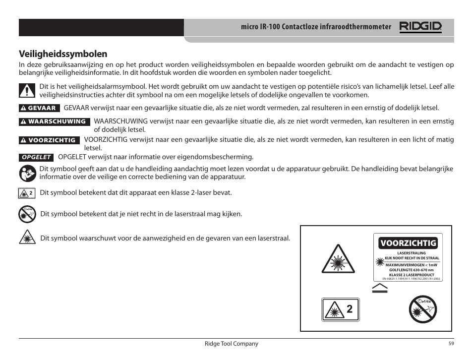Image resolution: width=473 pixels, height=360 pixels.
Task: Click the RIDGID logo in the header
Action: [420, 27]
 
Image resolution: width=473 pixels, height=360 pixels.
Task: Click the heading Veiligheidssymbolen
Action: [63, 54]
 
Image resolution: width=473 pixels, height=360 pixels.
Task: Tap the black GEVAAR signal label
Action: [40, 108]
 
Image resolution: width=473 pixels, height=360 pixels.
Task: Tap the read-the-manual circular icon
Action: [28, 173]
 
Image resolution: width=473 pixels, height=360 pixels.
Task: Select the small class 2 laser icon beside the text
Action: [28, 192]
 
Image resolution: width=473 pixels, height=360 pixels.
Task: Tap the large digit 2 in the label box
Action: [350, 309]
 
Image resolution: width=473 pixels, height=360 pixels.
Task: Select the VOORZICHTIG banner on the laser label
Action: [408, 242]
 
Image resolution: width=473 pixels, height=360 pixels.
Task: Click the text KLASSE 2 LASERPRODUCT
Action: [411, 275]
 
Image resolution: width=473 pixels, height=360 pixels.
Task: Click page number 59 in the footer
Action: [451, 344]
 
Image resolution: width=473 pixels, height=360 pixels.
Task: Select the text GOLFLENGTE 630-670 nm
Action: [411, 270]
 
